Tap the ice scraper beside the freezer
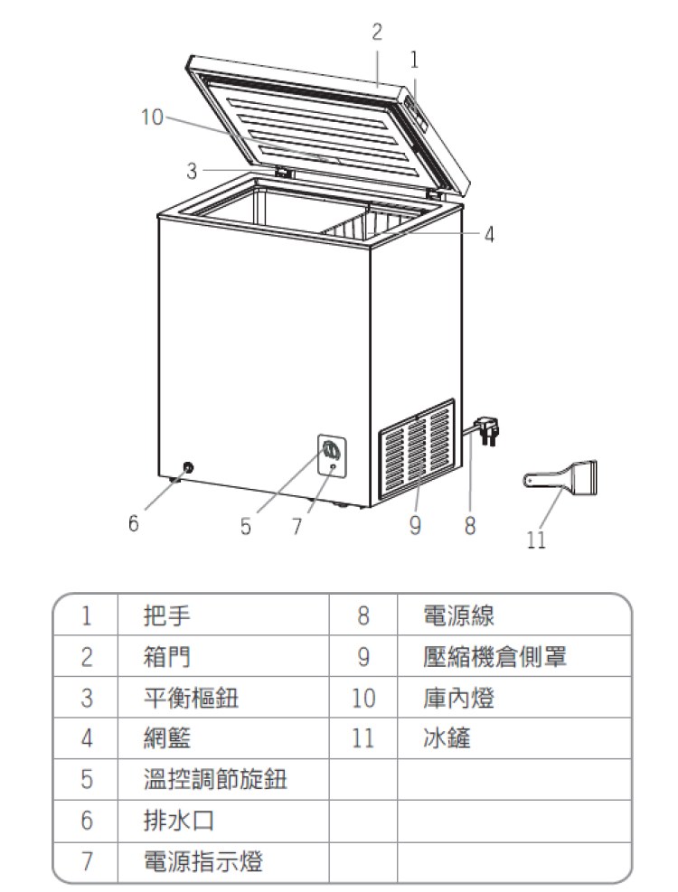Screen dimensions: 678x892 (x=560, y=477)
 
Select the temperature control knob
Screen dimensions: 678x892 (x=330, y=451)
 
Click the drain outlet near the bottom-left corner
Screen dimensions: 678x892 (x=187, y=467)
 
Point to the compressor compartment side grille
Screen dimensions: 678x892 (x=418, y=448)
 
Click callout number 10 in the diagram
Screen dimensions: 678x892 (x=152, y=117)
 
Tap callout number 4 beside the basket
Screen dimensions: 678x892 (x=489, y=234)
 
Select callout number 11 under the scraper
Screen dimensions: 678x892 (x=536, y=540)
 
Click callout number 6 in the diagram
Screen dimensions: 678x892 (x=133, y=522)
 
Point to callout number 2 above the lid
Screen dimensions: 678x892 (x=377, y=32)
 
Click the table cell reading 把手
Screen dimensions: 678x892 (x=167, y=615)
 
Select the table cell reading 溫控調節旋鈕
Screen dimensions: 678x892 (x=215, y=779)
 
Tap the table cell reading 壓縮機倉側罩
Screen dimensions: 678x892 (x=494, y=657)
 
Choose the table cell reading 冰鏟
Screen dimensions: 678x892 (x=447, y=738)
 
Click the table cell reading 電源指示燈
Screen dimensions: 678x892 (x=203, y=861)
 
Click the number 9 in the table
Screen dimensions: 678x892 (x=363, y=657)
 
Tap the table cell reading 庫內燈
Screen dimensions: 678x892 (x=459, y=698)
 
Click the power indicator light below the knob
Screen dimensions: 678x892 (x=333, y=467)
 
